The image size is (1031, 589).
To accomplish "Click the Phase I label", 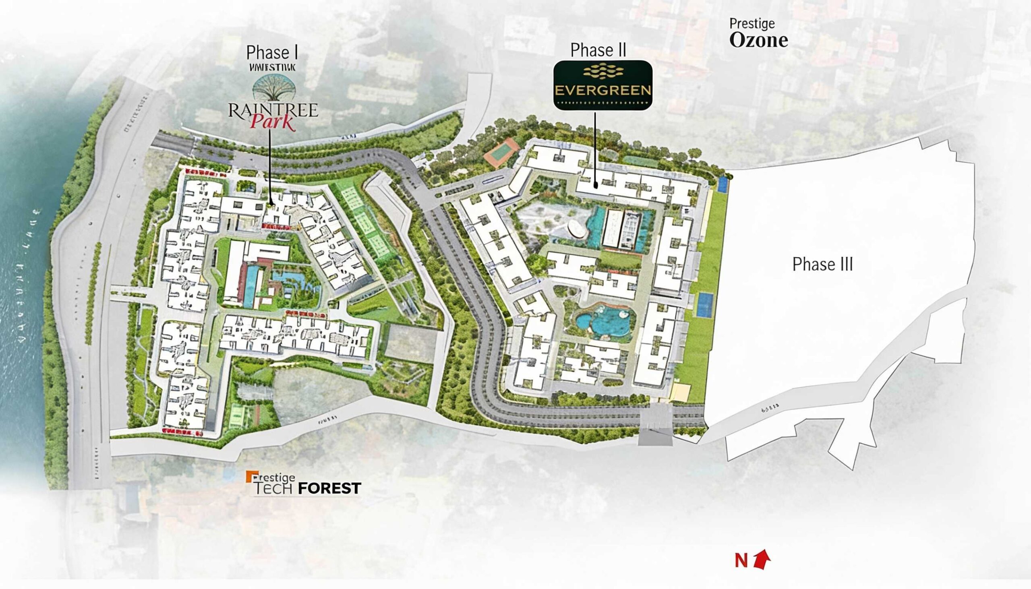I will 272,53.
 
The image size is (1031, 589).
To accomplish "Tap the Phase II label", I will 598,50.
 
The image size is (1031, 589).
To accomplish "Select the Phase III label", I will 822,265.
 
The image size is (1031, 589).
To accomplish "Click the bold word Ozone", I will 759,40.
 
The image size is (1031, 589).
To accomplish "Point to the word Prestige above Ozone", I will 752,24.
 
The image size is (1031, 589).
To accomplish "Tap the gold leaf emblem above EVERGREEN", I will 603,72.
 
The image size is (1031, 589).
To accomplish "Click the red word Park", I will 273,122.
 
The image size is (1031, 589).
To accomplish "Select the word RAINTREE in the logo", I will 273,110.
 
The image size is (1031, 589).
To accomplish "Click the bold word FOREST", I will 329,489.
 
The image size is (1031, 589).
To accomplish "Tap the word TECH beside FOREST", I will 274,489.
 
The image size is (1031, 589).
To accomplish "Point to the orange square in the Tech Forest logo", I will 249,476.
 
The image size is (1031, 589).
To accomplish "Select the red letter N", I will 741,561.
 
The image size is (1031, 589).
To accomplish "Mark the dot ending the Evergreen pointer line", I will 596,186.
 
